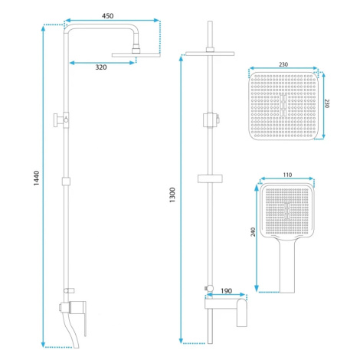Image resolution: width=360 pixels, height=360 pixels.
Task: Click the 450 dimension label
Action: (x=107, y=16)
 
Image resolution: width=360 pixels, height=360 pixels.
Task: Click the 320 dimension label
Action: (x=101, y=67)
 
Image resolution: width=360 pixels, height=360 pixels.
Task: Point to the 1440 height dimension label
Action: (x=37, y=178)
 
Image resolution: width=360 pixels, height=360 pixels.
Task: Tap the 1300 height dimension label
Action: (x=172, y=195)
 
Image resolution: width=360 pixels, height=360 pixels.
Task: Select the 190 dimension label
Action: (x=226, y=291)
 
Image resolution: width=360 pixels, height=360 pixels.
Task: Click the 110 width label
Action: (x=287, y=175)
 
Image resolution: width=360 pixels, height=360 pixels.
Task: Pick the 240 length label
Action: (x=253, y=232)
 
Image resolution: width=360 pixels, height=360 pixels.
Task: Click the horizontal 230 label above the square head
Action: (x=283, y=64)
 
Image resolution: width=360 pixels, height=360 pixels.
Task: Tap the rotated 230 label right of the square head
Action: (x=327, y=103)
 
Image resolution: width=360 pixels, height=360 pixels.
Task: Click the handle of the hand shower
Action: (x=287, y=266)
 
